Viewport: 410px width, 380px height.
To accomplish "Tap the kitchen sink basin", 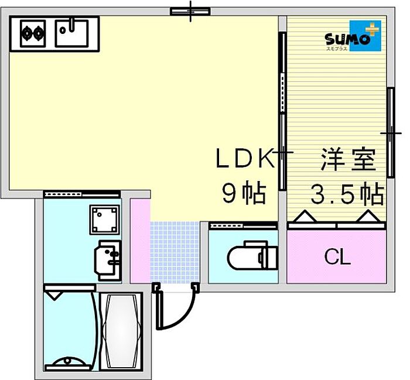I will coord(72,32).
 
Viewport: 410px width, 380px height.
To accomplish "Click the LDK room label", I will coord(245,159).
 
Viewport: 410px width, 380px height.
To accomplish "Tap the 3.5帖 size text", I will coord(347,193).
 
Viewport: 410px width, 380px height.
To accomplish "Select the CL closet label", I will coord(337,257).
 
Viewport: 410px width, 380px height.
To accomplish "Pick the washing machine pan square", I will coord(105,220).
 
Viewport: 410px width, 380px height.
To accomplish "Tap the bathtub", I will coord(121,331).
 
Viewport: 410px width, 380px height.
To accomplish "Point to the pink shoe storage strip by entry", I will coord(139,240).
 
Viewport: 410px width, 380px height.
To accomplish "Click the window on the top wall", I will coord(190,11).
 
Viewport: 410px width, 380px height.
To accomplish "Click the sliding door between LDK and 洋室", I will coord(282,111).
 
